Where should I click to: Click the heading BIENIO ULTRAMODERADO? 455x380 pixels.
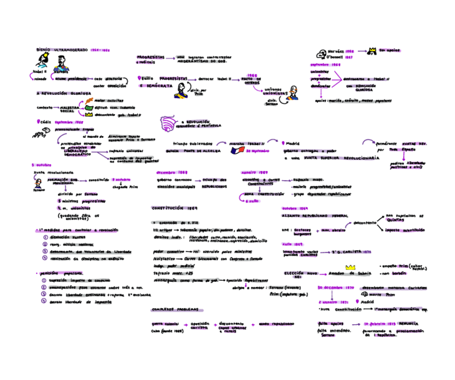coord(62,49)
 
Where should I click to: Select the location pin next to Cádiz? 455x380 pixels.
coord(38,122)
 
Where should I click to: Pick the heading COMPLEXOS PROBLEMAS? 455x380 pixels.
coord(175,310)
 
